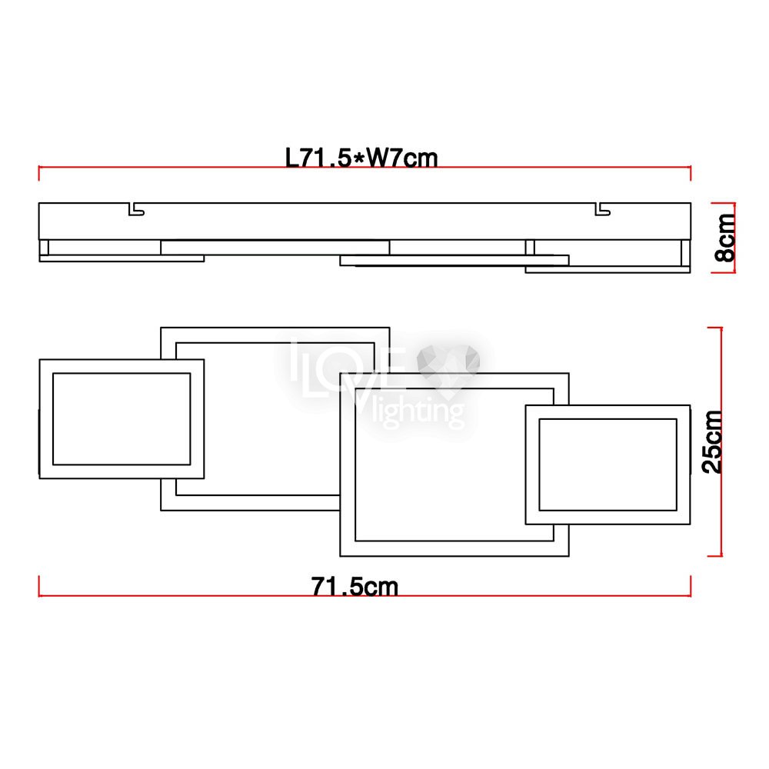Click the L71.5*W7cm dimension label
(361, 158)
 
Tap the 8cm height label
(725, 238)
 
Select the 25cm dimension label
(713, 442)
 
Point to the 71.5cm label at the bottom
(355, 586)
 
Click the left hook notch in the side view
(136, 209)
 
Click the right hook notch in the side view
(602, 209)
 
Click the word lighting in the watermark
(418, 411)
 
